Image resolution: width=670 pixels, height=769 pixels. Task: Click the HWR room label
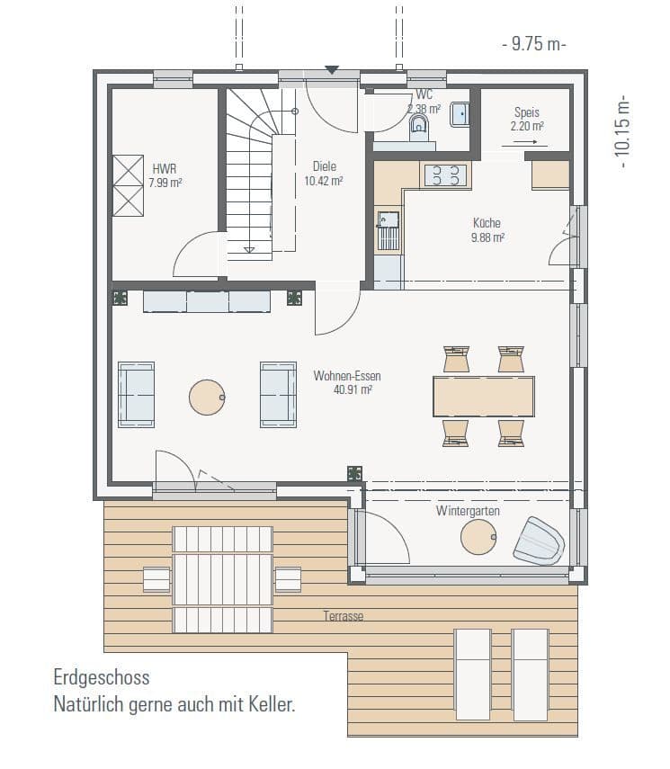tap(165, 169)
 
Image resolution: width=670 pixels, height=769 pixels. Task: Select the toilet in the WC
tap(418, 127)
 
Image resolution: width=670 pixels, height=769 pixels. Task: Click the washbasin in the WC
tap(460, 114)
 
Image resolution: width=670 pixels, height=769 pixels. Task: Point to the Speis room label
tap(527, 112)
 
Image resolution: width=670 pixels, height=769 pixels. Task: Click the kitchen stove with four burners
tap(445, 175)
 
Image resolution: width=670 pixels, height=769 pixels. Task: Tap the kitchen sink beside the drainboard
tap(388, 219)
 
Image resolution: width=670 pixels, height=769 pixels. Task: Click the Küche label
tap(487, 223)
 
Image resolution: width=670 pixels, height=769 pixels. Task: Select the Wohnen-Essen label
tap(347, 376)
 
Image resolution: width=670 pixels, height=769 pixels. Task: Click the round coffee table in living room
tap(207, 398)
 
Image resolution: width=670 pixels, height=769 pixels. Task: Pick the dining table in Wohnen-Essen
tap(484, 397)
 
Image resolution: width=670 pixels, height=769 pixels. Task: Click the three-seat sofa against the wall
tap(207, 301)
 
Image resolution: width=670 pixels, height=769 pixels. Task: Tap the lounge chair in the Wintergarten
tap(539, 541)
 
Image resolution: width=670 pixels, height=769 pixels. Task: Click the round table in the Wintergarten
tap(478, 537)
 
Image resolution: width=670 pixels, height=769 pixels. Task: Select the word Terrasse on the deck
tap(344, 616)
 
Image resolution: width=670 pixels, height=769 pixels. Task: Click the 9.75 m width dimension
tap(534, 44)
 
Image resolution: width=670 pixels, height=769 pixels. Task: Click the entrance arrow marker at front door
tap(332, 70)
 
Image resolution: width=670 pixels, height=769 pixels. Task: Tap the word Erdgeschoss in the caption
tap(102, 678)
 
